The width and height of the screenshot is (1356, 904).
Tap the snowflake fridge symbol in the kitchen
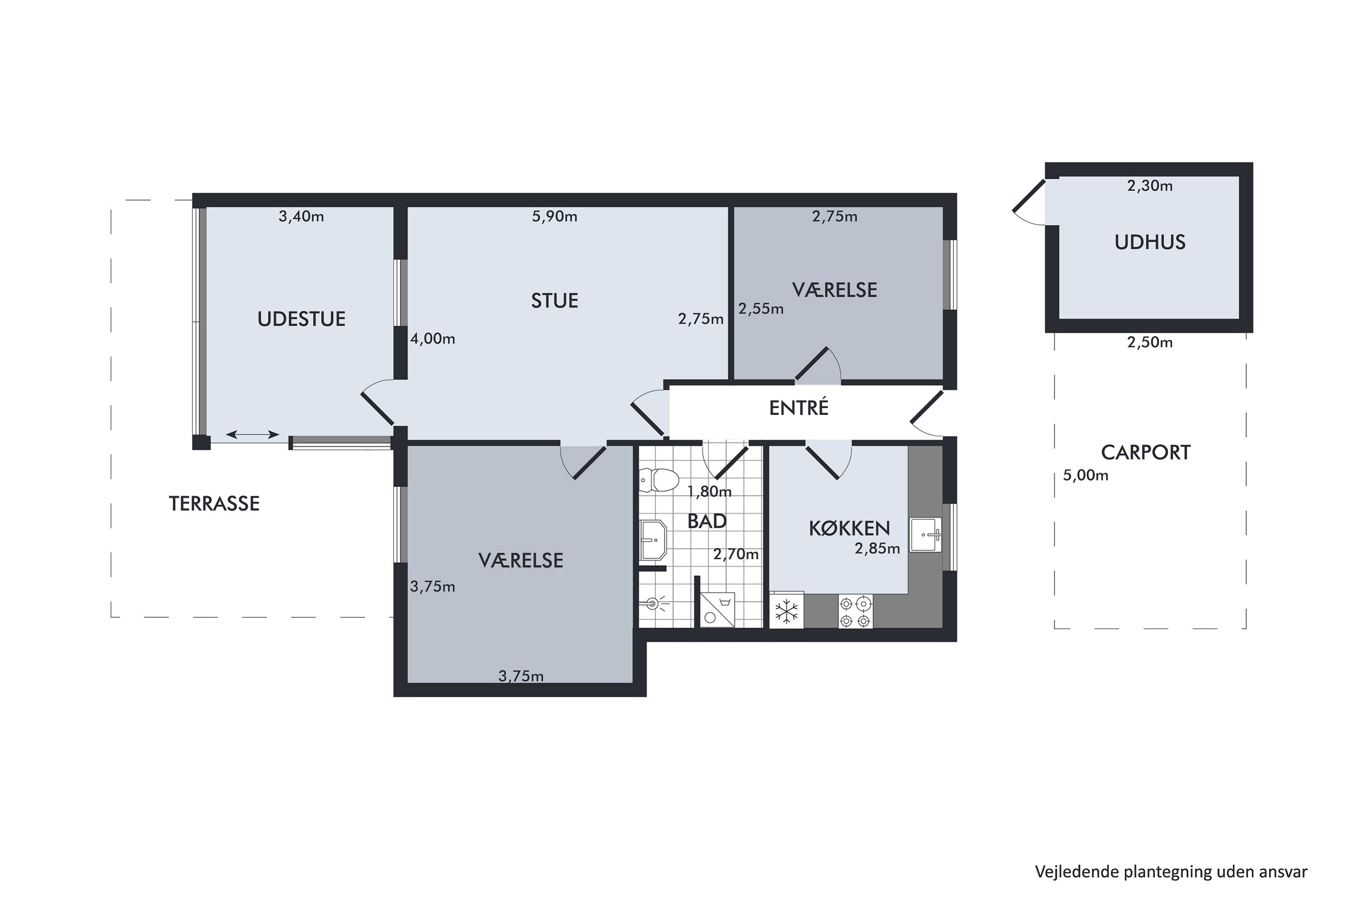(x=787, y=611)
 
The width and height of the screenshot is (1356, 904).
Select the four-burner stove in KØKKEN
(x=855, y=612)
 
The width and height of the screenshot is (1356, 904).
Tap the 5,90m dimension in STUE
(x=554, y=217)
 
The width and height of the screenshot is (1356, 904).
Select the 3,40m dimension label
(x=301, y=217)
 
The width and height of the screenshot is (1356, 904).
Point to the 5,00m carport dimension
(x=1085, y=476)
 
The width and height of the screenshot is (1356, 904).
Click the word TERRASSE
(x=214, y=504)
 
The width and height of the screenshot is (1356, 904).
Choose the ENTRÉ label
(x=799, y=408)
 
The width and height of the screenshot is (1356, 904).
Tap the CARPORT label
(x=1145, y=452)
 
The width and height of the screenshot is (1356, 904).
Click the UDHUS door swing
(x=1030, y=205)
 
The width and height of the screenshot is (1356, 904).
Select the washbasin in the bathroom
(x=653, y=541)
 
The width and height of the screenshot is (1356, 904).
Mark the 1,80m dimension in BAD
(x=709, y=492)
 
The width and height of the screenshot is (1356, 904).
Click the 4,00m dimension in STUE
(x=433, y=339)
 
